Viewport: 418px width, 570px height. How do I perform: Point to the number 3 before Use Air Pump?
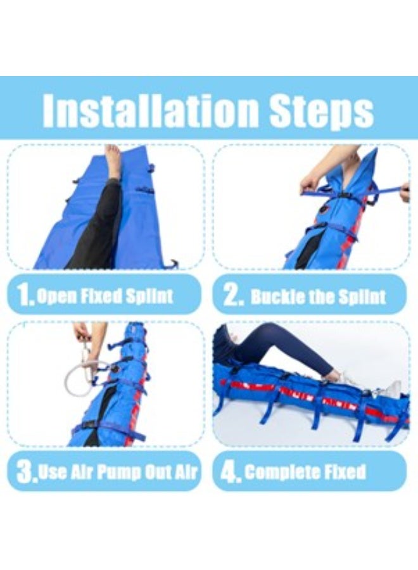(x=26, y=472)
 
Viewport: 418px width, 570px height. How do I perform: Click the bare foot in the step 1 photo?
(x=113, y=162)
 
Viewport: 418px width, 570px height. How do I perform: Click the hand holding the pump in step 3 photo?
(x=82, y=332)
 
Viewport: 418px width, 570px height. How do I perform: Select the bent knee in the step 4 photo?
(x=266, y=331)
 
